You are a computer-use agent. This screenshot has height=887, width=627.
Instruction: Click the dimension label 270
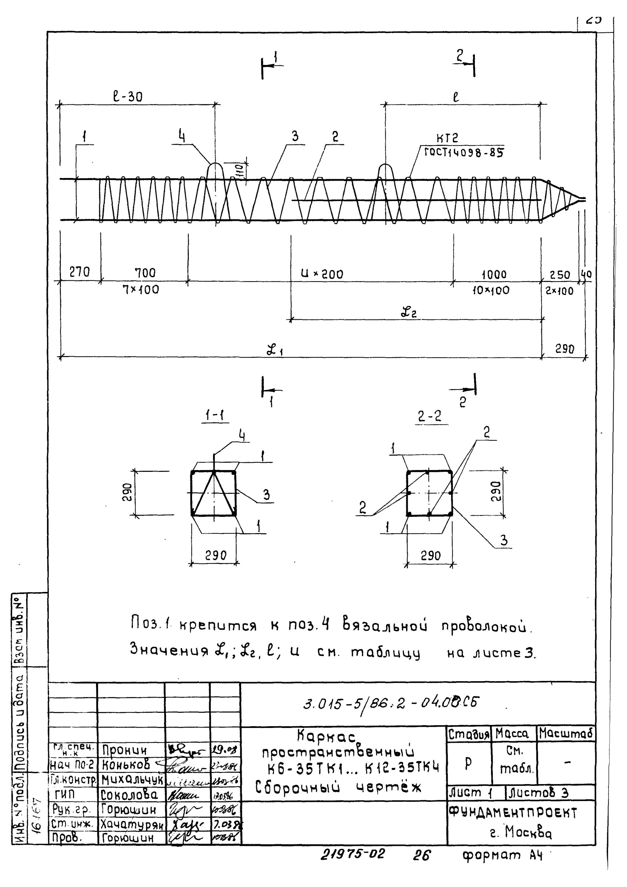[79, 272]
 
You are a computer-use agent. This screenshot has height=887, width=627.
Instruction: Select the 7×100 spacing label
[141, 289]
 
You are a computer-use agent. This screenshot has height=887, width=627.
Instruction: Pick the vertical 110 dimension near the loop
[239, 170]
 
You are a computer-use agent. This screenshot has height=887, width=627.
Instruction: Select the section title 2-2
[429, 416]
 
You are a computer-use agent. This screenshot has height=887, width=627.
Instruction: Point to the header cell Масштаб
[566, 733]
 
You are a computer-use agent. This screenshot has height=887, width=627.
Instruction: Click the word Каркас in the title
[326, 737]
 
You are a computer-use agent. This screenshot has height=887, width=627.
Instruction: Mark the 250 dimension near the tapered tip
[559, 275]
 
